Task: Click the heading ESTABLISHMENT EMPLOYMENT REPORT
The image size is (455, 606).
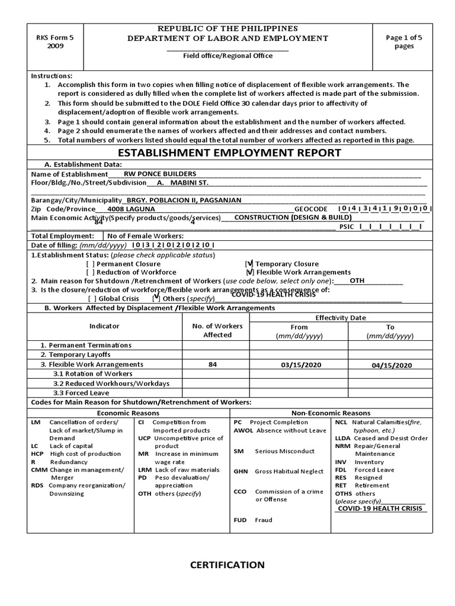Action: coord(230,153)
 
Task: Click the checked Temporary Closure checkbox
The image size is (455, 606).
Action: coord(249,264)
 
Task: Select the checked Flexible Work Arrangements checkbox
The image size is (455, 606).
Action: coord(249,272)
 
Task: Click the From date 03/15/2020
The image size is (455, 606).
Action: coord(299,365)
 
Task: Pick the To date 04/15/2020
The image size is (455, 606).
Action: coord(391,366)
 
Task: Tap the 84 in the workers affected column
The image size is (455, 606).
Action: coord(213,365)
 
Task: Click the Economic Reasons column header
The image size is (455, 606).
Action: coord(129,413)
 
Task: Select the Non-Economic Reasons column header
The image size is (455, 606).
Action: coord(331,413)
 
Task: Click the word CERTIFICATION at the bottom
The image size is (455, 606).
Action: coord(227,565)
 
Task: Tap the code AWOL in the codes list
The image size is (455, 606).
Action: coord(243,431)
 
